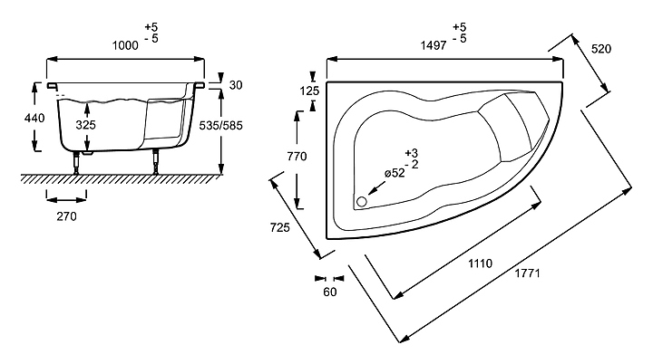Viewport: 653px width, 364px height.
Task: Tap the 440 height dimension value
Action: pyautogui.click(x=35, y=118)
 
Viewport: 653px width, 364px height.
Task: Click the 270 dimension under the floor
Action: pyautogui.click(x=66, y=216)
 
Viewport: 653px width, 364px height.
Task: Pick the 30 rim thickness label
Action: pyautogui.click(x=236, y=84)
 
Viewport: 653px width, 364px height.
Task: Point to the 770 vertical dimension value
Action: pyautogui.click(x=297, y=157)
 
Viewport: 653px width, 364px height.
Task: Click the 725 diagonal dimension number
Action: pyautogui.click(x=280, y=228)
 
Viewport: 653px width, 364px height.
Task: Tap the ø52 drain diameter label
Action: pyautogui.click(x=394, y=173)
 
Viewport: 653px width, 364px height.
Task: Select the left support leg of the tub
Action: pyautogui.click(x=75, y=162)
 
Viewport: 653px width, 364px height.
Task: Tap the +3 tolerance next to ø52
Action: pyautogui.click(x=412, y=152)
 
